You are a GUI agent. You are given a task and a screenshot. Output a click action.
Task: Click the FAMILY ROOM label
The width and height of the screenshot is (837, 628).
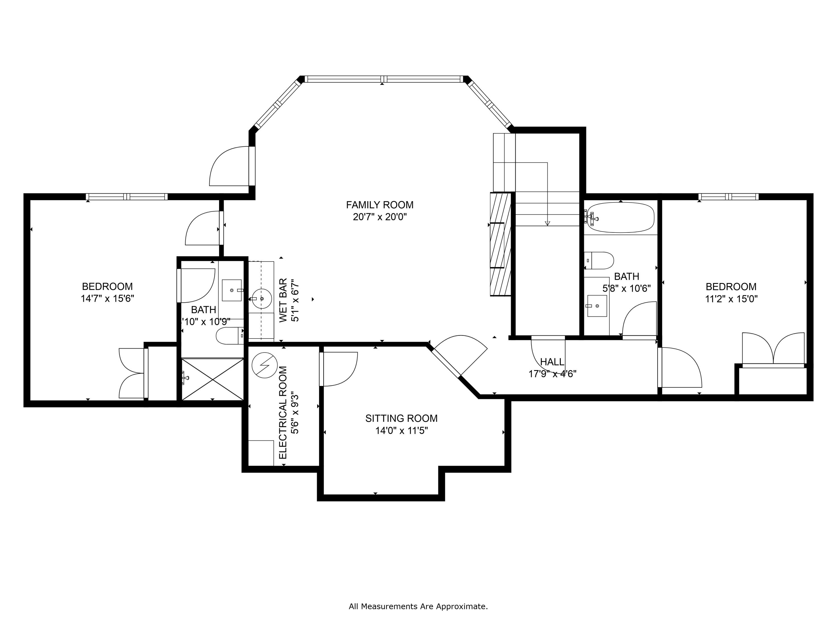(x=379, y=205)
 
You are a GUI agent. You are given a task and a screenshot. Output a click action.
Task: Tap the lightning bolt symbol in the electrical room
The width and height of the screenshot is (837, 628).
(x=264, y=365)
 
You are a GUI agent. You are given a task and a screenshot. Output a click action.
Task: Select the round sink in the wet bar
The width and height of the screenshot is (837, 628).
(x=261, y=298)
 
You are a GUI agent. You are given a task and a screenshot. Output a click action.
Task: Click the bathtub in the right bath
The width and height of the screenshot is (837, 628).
(x=620, y=217)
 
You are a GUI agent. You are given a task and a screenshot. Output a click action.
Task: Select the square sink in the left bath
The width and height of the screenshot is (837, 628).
(x=232, y=290)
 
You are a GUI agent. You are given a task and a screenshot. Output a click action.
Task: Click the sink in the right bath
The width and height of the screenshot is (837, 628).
(x=597, y=305)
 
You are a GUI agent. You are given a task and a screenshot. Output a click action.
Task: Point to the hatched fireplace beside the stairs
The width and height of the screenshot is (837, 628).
(x=500, y=245)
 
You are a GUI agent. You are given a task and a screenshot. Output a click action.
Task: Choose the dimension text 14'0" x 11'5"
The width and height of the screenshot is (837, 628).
(x=401, y=430)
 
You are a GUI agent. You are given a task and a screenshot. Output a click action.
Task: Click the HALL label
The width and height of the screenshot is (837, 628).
(x=552, y=362)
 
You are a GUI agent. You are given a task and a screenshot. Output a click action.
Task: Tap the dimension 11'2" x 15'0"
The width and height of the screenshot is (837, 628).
(x=731, y=299)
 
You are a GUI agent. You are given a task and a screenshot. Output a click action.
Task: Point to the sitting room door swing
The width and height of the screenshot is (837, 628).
(x=339, y=369)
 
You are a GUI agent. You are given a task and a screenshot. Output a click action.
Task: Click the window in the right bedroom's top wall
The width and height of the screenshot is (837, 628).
(x=728, y=196)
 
